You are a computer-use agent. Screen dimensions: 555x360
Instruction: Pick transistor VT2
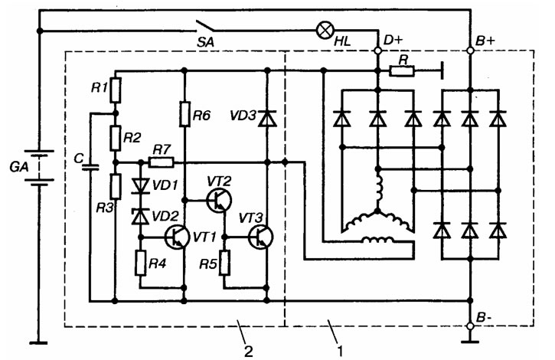(x=219, y=201)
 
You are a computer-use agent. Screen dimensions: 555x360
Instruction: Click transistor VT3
(x=260, y=237)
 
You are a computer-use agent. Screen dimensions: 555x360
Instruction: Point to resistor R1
(x=116, y=90)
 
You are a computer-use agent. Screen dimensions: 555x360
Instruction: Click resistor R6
(x=184, y=114)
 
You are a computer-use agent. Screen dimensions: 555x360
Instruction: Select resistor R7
(x=161, y=162)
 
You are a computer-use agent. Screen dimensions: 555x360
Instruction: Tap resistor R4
(x=141, y=263)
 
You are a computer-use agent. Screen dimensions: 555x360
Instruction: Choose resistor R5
(x=224, y=263)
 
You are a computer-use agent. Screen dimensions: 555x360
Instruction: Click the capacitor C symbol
(x=90, y=167)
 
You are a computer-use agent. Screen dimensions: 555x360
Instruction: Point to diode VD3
(x=268, y=119)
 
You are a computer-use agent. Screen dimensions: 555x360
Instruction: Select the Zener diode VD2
(x=141, y=217)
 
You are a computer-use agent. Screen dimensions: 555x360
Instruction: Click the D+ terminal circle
(x=377, y=51)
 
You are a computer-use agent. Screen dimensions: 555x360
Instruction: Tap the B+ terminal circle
(x=470, y=51)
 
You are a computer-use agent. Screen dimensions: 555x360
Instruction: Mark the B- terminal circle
(x=470, y=326)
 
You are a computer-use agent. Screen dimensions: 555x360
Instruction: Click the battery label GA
(x=19, y=166)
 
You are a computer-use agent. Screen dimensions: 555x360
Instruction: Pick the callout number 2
(x=249, y=351)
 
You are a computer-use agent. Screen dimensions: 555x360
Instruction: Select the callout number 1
(x=340, y=351)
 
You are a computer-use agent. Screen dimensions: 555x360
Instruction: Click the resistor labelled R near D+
(x=402, y=71)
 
